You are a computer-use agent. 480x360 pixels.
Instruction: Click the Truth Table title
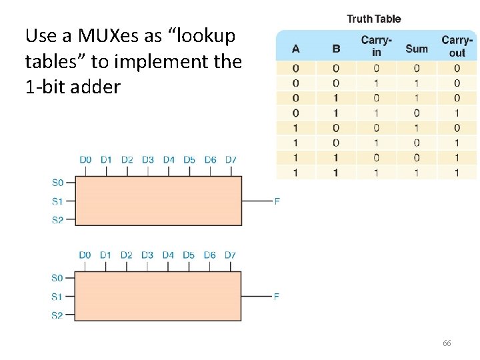(x=373, y=19)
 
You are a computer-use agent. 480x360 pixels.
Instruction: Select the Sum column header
(x=417, y=48)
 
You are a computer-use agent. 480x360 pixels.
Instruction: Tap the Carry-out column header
(x=457, y=47)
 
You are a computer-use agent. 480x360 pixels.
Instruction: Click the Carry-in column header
(x=376, y=47)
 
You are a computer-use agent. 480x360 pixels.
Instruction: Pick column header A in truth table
(x=296, y=49)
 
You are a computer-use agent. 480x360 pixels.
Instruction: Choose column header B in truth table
(x=336, y=49)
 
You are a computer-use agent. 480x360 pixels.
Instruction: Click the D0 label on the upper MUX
(x=85, y=160)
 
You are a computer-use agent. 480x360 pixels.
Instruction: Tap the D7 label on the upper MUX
(x=231, y=160)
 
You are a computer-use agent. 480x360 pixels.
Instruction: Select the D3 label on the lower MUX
(x=147, y=255)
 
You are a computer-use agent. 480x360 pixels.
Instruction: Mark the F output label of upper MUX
(x=277, y=201)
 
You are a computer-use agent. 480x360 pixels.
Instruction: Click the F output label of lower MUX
(x=277, y=297)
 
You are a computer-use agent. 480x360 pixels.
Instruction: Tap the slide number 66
(x=447, y=343)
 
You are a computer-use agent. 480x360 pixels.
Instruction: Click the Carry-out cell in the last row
(x=457, y=173)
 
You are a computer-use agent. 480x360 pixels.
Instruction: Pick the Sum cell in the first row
(x=417, y=69)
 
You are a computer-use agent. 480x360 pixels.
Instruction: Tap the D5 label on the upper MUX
(x=189, y=160)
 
